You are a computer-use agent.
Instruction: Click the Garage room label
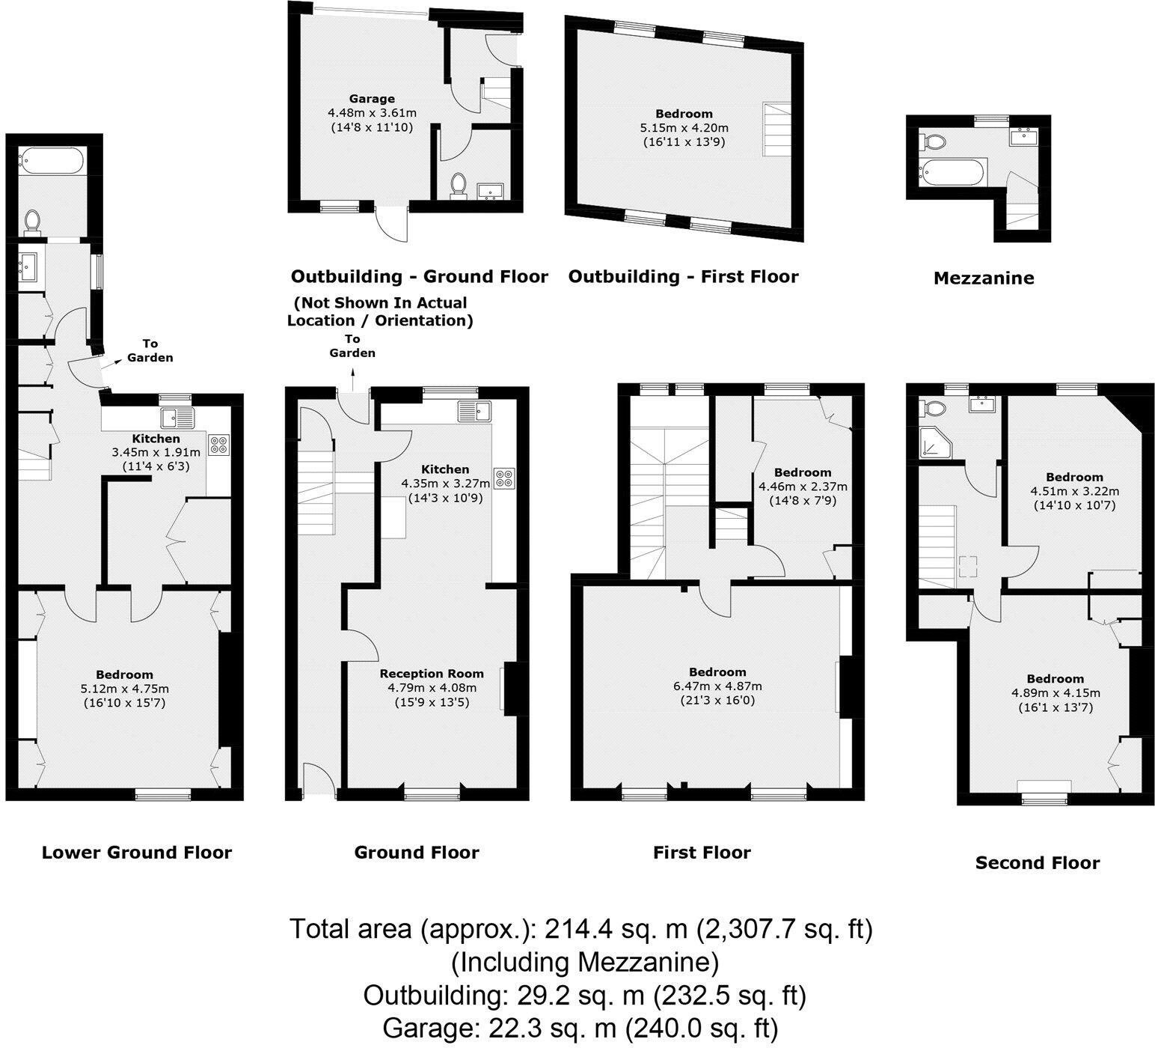tap(372, 99)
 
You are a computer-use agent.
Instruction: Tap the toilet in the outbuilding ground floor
tap(459, 186)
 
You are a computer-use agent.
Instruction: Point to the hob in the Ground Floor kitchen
tap(503, 478)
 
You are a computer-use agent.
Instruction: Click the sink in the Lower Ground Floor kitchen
tap(176, 418)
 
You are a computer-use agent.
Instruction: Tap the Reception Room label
tap(432, 674)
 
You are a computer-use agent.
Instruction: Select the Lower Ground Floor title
tap(137, 852)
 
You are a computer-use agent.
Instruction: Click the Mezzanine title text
tap(984, 278)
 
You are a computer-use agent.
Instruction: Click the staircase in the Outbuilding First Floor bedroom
tap(776, 129)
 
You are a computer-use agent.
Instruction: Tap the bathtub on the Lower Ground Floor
tap(53, 160)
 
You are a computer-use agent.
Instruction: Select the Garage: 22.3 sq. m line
tap(580, 1027)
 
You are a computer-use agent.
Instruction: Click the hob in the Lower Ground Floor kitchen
tap(219, 445)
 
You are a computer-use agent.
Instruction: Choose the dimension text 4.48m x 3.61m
tap(372, 113)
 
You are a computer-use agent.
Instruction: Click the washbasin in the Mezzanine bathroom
tap(1023, 137)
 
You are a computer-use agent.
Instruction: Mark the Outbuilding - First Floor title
tap(683, 277)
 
